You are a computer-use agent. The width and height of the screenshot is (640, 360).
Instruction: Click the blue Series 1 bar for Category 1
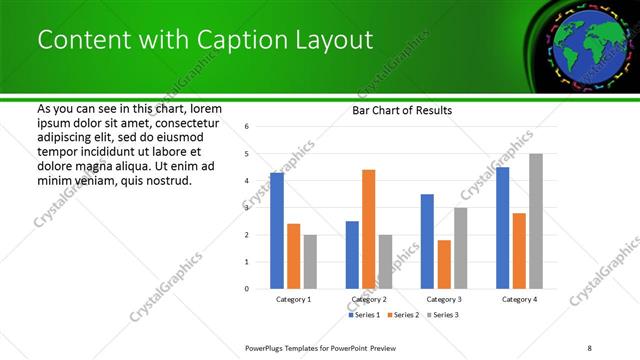[277, 231]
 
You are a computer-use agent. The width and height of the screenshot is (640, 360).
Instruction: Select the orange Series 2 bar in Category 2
[368, 229]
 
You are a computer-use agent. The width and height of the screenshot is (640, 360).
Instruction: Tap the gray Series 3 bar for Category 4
[536, 221]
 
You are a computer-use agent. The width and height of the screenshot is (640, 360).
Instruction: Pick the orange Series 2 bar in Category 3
[444, 264]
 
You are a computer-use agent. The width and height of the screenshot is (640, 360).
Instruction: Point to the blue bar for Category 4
[502, 228]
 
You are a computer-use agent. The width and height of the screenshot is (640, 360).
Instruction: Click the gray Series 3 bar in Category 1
[310, 262]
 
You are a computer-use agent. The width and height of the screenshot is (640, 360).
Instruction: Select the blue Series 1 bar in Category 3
[427, 241]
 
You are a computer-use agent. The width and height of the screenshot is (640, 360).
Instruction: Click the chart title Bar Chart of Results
[402, 110]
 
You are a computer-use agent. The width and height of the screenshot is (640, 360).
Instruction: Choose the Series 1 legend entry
[364, 315]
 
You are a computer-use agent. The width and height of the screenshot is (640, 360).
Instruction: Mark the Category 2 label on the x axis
[368, 299]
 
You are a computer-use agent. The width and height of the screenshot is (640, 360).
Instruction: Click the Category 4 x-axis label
[519, 299]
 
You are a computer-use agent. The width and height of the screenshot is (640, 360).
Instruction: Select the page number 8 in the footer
[589, 347]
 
